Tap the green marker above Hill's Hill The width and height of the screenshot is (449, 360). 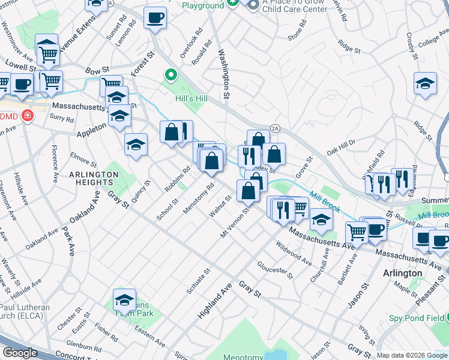[171, 76]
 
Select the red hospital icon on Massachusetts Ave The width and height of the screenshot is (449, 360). [27, 116]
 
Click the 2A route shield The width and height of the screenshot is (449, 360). [276, 128]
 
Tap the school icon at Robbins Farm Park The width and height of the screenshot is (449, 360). [125, 299]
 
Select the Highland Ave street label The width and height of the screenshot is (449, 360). [214, 301]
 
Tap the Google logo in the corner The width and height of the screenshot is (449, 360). [20, 353]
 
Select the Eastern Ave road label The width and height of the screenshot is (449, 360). [149, 334]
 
